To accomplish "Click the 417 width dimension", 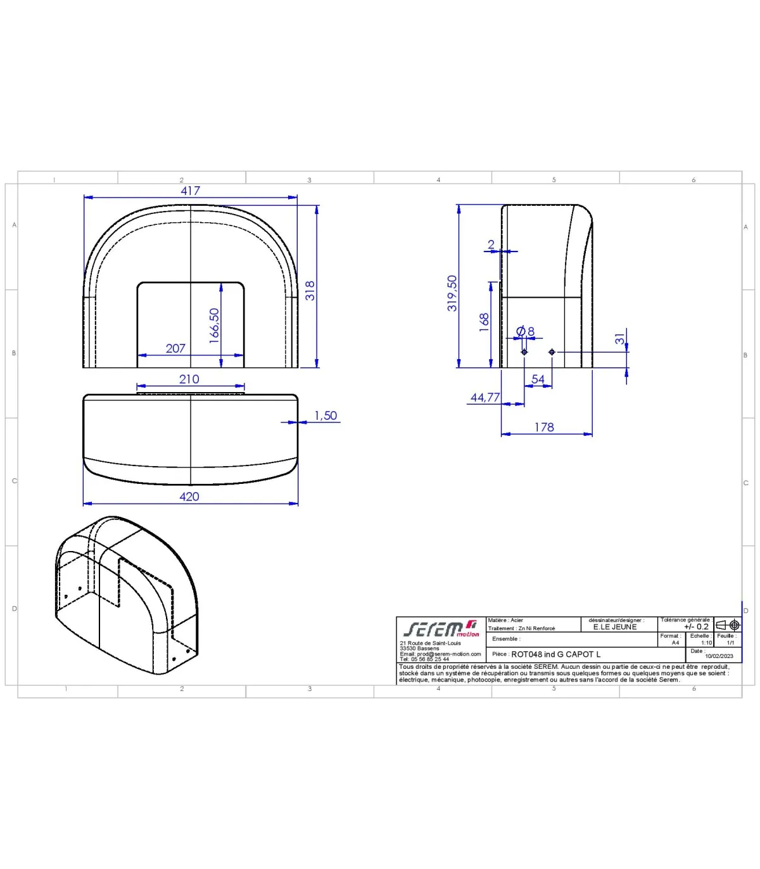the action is click(190, 191).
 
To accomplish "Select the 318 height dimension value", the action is click(310, 291).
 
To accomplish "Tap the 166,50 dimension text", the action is click(215, 326).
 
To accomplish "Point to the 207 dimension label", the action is click(175, 348).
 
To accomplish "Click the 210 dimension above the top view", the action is click(189, 379).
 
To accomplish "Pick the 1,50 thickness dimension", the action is click(326, 415).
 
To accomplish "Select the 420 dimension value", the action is click(189, 497).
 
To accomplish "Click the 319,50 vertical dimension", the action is click(452, 293).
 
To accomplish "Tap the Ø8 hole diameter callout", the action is click(525, 331).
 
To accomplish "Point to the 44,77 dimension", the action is click(485, 397).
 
